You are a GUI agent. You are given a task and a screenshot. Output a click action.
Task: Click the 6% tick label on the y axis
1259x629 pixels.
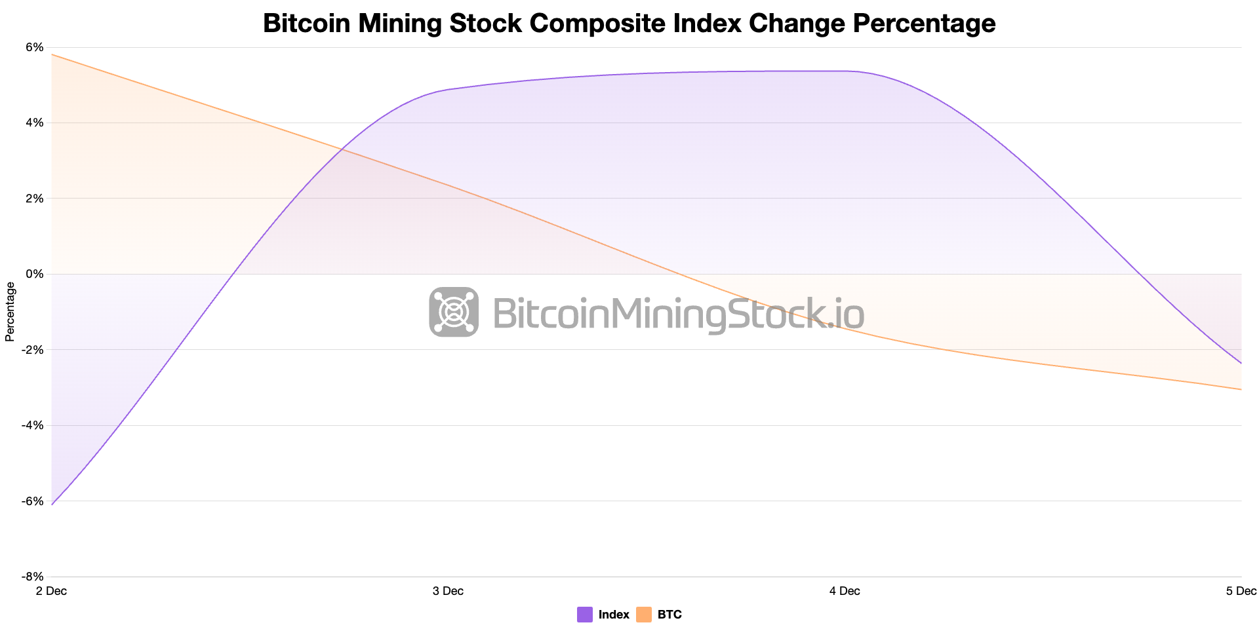35,47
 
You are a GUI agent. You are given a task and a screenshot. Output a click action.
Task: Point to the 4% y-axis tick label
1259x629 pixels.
35,123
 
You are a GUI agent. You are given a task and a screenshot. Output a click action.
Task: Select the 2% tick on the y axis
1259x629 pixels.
35,199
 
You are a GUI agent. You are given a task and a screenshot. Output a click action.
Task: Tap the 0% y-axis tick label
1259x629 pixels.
35,274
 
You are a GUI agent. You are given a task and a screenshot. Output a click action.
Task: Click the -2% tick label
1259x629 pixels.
33,350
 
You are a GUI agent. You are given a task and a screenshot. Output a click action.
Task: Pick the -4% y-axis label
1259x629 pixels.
33,425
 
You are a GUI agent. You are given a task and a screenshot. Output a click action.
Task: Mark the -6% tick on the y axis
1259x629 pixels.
33,501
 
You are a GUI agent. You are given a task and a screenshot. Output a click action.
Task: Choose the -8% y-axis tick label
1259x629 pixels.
33,577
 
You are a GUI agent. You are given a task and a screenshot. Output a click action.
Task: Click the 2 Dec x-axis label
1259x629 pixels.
51,591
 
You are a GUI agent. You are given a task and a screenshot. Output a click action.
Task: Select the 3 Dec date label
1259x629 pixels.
448,591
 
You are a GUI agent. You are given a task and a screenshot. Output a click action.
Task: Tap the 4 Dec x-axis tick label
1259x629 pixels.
845,591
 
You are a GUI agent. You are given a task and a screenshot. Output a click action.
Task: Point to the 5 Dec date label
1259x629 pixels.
1241,591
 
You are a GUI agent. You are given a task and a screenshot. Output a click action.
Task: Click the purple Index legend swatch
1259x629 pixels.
585,615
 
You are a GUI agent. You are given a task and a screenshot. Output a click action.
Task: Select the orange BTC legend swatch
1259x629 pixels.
644,615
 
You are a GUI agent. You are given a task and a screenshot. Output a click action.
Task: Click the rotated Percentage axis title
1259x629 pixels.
10,312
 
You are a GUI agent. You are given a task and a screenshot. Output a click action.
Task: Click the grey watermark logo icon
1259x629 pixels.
454,312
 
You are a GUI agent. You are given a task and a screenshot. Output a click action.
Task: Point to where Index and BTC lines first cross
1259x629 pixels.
342,150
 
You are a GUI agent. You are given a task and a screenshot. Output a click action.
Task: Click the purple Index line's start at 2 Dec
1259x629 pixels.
52,504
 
